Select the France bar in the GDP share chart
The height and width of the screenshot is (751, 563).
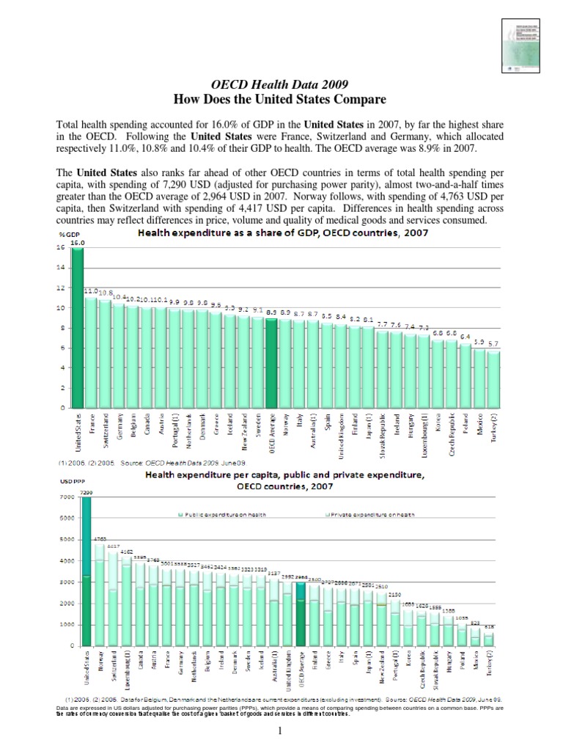pos(91,352)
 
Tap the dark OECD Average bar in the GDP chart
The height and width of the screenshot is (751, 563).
pos(271,362)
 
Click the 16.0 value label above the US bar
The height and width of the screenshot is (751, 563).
pos(78,242)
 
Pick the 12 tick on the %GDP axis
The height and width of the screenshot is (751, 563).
pos(63,288)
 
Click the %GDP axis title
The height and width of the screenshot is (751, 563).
pos(69,234)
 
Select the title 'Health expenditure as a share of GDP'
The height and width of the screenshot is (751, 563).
pos(282,233)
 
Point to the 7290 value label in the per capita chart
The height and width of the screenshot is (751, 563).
pos(86,492)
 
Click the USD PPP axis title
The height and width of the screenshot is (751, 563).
pos(70,481)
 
